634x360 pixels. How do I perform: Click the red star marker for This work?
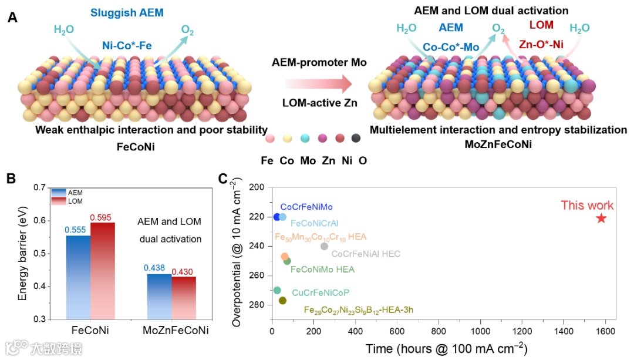tap(601, 218)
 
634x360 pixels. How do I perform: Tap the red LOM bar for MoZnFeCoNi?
tap(184, 297)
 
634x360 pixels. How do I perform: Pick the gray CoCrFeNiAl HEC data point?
tap(324, 246)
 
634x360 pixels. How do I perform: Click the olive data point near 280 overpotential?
tap(282, 301)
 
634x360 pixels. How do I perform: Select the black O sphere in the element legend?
tap(355, 139)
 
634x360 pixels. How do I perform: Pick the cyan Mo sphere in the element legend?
tap(305, 139)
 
